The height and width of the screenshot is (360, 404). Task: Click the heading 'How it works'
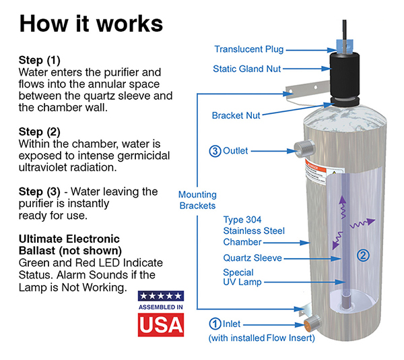point(91,22)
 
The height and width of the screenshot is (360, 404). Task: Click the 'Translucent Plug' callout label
point(248,49)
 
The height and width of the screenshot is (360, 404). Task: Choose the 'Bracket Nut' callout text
point(236,116)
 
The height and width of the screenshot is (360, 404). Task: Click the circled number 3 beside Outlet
point(214,151)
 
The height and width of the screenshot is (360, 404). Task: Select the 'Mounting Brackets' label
point(197,200)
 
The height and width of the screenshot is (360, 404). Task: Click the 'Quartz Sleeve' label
point(252,258)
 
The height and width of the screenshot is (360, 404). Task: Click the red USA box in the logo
point(160,324)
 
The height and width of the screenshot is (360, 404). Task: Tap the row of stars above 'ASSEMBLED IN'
point(160,296)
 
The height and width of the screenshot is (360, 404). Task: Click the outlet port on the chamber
point(300,149)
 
